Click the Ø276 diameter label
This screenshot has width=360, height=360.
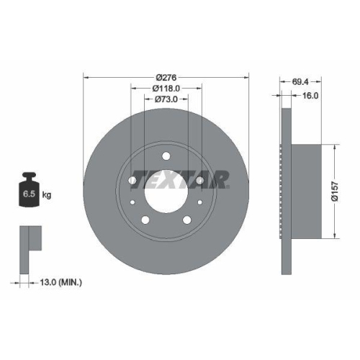(x=166, y=77)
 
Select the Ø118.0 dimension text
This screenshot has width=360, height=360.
(x=166, y=89)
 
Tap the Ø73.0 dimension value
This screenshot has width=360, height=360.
(x=166, y=102)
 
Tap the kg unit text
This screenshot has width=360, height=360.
(x=47, y=194)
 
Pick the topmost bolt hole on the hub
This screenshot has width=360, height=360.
(x=166, y=156)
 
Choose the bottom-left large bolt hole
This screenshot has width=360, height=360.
(x=145, y=220)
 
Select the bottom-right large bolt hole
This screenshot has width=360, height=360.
(x=186, y=220)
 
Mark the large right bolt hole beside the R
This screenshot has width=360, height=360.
(x=199, y=181)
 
